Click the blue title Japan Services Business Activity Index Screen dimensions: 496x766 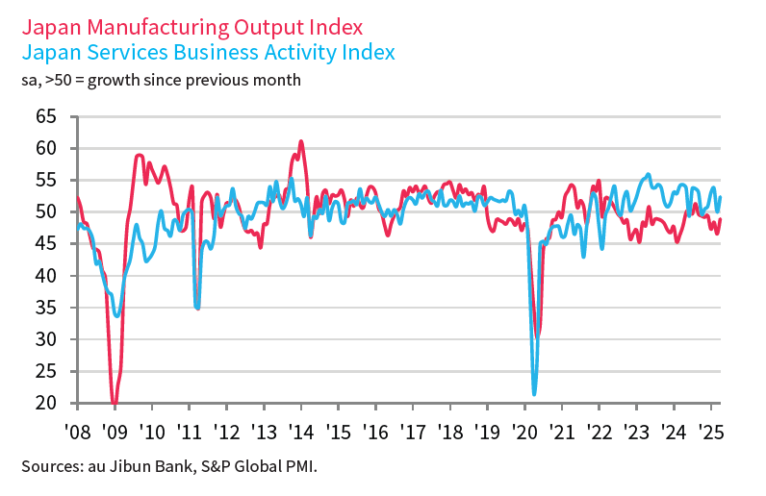pos(207,52)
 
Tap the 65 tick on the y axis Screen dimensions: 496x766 pos(45,116)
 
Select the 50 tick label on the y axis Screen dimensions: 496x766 pos(45,211)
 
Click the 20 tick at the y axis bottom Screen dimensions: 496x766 pos(45,403)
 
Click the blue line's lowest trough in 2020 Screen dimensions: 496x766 pos(534,393)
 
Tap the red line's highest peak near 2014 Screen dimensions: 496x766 pos(301,141)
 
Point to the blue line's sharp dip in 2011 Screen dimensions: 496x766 pos(197,307)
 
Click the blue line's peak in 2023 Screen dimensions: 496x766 pos(648,174)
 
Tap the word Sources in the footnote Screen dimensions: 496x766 pos(48,468)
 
